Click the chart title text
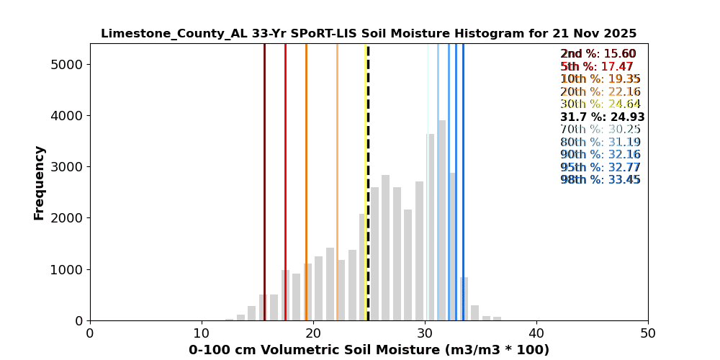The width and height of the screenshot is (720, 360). (369, 34)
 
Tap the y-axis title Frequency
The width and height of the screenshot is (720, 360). (40, 182)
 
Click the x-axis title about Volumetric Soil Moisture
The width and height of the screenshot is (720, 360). (369, 350)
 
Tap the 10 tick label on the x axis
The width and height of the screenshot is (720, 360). (202, 333)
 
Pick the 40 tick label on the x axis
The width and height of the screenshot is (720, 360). (536, 333)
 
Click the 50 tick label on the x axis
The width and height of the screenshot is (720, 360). (648, 333)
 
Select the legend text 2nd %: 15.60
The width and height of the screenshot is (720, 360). (598, 54)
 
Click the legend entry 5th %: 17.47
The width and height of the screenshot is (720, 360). (597, 67)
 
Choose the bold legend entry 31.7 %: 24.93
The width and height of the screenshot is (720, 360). (602, 117)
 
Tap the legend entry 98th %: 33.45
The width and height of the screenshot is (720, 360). (600, 180)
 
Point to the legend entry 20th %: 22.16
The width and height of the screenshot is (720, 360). (600, 92)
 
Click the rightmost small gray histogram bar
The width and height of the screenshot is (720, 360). (498, 318)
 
